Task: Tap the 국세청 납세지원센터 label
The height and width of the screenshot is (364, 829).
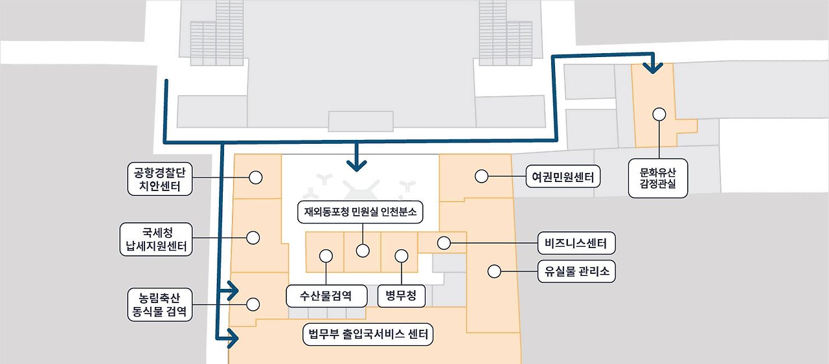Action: [156, 239]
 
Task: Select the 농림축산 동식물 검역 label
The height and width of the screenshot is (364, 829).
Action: [158, 304]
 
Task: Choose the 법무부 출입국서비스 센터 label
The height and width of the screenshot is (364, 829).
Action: [368, 335]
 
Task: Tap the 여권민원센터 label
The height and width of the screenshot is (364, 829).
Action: [563, 176]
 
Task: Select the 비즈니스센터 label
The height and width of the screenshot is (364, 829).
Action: [576, 244]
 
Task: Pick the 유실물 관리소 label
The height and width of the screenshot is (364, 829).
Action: [576, 271]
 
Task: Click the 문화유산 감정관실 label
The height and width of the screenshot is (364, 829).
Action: [657, 179]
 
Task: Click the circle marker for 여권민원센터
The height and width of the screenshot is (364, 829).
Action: [481, 176]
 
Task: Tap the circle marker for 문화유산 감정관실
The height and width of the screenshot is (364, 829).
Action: [659, 114]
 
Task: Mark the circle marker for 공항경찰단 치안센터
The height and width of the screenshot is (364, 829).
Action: [255, 177]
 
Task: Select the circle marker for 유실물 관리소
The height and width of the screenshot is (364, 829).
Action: [494, 271]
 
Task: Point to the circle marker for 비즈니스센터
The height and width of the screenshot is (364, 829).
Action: [444, 244]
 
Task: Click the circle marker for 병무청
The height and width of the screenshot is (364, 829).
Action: [402, 256]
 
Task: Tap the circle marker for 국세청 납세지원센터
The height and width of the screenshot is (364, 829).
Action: [253, 238]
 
